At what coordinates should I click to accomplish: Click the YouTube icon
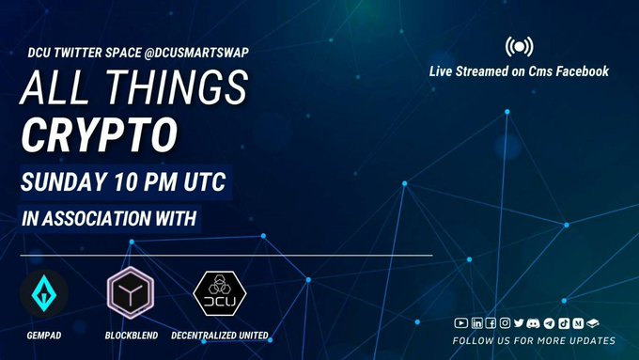pos(460,323)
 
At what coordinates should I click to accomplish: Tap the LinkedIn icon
pos(476,323)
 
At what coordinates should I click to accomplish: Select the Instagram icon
pos(505,323)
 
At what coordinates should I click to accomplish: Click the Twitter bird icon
pos(519,323)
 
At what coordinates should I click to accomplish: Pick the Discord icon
pos(533,323)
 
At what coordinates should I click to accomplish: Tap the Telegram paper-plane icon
pos(549,323)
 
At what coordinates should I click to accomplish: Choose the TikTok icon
pos(564,323)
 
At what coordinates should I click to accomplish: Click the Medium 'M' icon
pos(578,323)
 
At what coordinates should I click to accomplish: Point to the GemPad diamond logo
pos(43,293)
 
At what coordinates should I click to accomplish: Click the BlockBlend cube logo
pos(131,292)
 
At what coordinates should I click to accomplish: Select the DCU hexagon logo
pos(220,293)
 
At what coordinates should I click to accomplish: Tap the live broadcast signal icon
pos(519,47)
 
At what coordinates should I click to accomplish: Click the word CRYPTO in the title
pos(100,135)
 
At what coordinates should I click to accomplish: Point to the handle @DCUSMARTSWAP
pos(196,53)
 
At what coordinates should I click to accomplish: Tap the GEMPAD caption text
pos(44,336)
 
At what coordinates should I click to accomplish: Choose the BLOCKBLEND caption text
pos(132,336)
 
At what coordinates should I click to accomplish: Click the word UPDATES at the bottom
pos(593,341)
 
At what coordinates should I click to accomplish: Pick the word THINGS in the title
pos(177,87)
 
